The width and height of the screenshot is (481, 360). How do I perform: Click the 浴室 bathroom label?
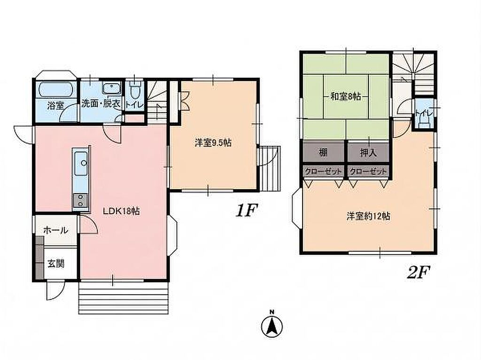[x=56, y=106]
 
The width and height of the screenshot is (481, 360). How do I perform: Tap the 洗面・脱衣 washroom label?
[x=101, y=103]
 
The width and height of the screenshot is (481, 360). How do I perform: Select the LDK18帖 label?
[x=122, y=211]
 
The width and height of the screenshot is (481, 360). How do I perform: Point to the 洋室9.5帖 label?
[x=213, y=143]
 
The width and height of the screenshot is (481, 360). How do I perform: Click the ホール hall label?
[x=56, y=230]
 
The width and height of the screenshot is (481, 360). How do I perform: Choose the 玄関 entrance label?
[x=56, y=263]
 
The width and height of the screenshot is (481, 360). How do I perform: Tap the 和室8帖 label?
[x=345, y=97]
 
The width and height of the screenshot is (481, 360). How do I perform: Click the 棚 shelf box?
[x=324, y=152]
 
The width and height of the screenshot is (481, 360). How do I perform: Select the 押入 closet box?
[x=368, y=152]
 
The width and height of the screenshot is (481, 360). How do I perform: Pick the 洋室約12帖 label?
[x=368, y=216]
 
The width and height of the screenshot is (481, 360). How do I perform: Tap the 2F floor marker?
[x=419, y=272]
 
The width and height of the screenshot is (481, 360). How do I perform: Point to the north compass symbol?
[x=272, y=325]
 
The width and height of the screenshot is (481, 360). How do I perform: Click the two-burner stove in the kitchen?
[x=81, y=200]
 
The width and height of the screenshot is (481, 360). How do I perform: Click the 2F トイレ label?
[x=424, y=113]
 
